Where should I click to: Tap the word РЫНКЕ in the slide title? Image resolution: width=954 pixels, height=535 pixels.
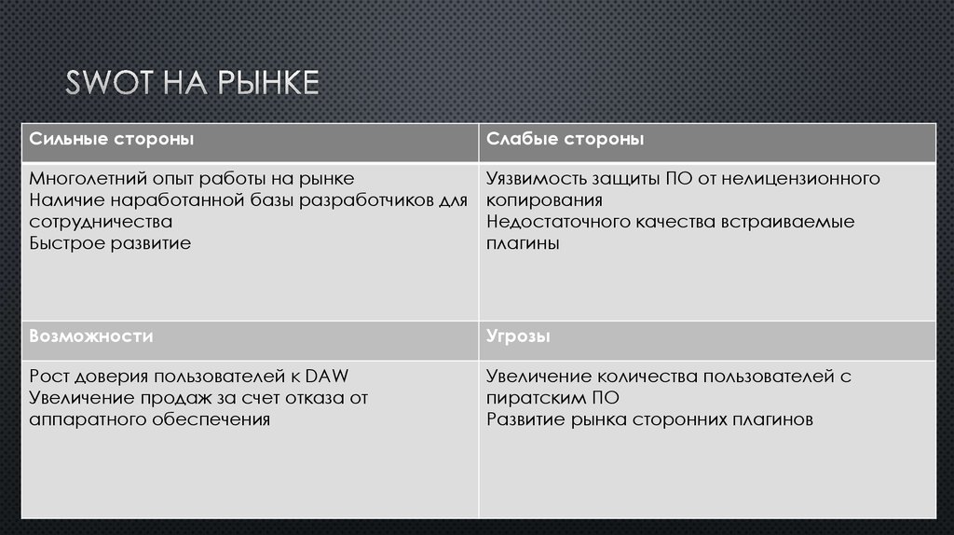[x=269, y=83]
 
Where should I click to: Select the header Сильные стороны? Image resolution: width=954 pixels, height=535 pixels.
[x=111, y=140]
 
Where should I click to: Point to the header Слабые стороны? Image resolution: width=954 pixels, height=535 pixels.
[x=564, y=140]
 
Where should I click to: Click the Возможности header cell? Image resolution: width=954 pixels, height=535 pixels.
[x=91, y=336]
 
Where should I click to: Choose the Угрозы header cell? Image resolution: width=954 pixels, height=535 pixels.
[x=517, y=336]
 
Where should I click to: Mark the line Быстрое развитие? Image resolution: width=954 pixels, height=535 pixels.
[x=110, y=244]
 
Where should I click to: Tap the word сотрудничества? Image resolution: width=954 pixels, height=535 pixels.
[x=101, y=222]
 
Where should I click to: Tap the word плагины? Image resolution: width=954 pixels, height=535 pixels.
[x=522, y=244]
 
